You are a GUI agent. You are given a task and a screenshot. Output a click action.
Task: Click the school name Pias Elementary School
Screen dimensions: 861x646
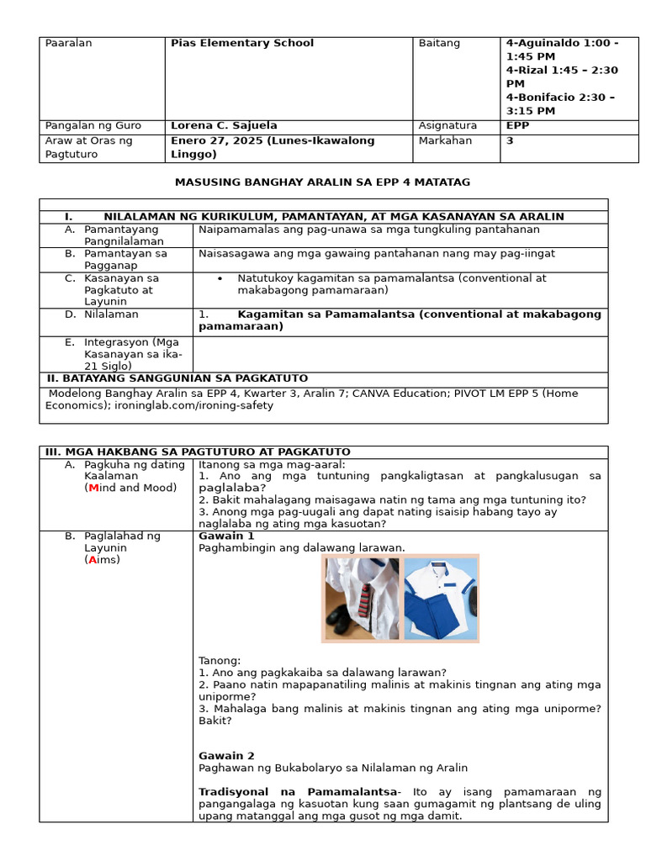click(x=241, y=43)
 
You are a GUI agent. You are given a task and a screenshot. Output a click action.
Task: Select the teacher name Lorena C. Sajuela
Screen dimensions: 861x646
click(x=223, y=125)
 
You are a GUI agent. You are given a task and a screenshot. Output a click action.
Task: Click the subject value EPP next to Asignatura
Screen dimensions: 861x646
click(x=517, y=125)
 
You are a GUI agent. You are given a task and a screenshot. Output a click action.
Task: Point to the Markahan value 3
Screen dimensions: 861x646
click(x=510, y=140)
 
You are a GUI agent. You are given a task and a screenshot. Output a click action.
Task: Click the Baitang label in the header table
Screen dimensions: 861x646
click(x=439, y=43)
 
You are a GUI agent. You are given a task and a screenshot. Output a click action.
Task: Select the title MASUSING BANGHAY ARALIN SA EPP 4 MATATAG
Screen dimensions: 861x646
click(x=322, y=182)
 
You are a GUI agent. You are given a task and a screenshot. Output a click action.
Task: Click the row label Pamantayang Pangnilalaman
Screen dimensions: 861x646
click(x=124, y=235)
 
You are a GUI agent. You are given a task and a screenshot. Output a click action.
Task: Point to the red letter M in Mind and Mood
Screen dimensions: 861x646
click(x=93, y=488)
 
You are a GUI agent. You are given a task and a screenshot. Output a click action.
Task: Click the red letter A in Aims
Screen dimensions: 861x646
click(x=92, y=560)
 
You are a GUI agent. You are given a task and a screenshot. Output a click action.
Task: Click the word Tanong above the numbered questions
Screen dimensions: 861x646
click(x=220, y=660)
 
